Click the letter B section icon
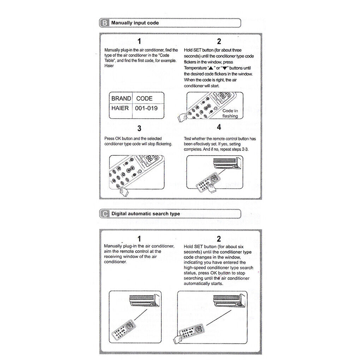104,23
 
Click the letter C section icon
104,214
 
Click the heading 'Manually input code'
135,23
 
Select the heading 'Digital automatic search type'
145,214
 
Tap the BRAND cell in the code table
121,98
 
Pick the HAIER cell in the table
120,108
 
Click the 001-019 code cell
146,108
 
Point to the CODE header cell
144,98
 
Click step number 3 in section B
139,128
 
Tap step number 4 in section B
219,128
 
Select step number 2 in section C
219,239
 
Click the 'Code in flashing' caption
230,113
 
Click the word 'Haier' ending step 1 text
109,66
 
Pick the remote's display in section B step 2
222,96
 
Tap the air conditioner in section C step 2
231,300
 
